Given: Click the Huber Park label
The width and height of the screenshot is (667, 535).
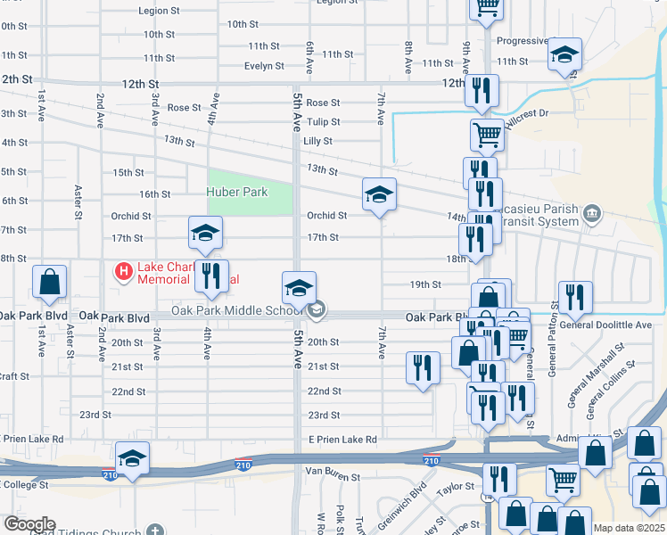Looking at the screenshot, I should coord(237,191).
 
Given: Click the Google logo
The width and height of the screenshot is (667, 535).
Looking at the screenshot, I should coord(29,523).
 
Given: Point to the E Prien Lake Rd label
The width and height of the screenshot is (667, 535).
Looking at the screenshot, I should coord(342,440).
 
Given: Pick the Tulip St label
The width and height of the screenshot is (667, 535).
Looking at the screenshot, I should coord(323,122).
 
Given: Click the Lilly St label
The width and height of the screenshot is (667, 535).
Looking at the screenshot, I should coord(317,141).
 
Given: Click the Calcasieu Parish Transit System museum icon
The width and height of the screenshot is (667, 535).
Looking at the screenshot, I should coord(592,213).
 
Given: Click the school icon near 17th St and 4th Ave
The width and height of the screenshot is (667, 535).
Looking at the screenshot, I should coord(205,233).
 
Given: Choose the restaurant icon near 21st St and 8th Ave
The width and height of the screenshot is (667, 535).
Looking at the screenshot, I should coord(423,366).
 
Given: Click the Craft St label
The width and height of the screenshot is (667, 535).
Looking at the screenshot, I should coord(15,377).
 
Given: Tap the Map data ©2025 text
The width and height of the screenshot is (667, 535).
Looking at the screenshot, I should coord(629,528).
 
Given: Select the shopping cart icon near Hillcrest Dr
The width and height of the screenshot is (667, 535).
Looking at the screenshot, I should coord(487,136).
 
